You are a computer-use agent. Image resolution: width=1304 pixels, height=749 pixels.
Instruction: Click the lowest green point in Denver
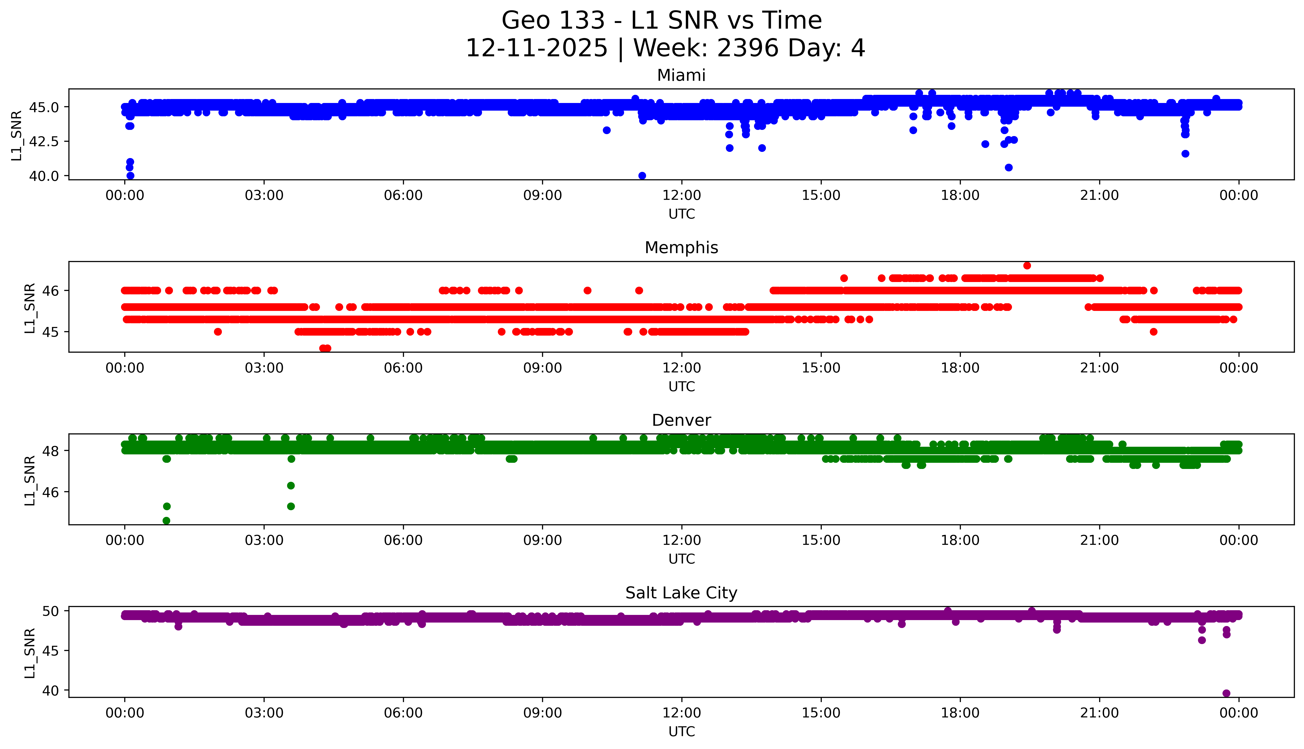point(166,521)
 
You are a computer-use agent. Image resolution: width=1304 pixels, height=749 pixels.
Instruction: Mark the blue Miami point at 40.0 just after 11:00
point(642,175)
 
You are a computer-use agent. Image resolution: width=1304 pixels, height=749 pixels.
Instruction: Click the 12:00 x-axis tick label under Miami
point(681,196)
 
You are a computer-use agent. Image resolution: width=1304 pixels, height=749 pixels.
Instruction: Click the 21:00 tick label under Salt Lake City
point(1099,713)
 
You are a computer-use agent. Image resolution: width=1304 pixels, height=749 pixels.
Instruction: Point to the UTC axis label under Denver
point(681,559)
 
